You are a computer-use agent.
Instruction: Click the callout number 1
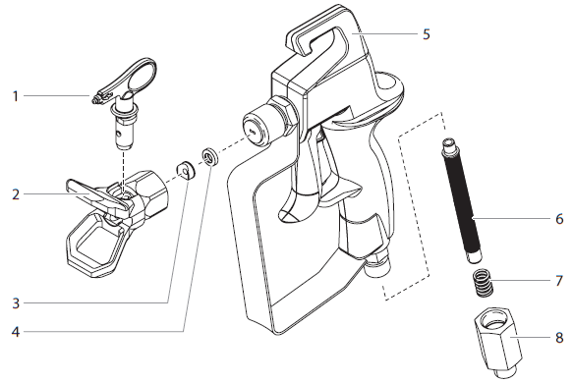click(15, 96)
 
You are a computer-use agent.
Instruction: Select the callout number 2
click(15, 194)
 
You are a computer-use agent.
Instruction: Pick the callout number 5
click(426, 33)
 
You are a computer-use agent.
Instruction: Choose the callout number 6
click(558, 218)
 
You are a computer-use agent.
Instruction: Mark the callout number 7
click(558, 281)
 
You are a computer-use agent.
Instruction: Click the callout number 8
click(558, 338)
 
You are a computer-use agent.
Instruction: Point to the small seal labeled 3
click(185, 169)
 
